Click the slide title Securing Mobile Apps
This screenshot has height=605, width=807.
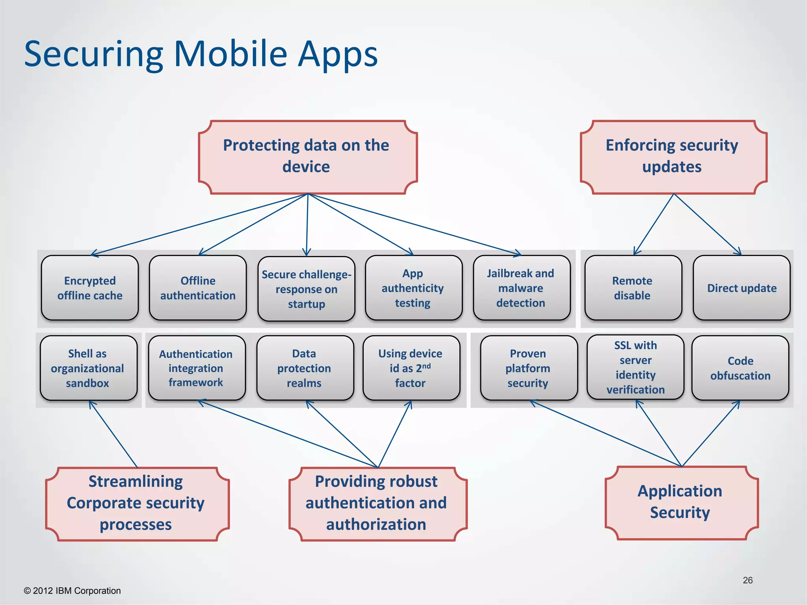[x=201, y=54]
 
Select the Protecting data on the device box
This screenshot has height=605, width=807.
[x=307, y=157]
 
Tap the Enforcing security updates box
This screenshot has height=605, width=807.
[x=673, y=157]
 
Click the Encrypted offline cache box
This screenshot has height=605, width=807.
[x=90, y=288]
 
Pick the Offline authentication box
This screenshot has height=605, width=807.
[x=198, y=288]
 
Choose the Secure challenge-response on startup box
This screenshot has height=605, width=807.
[x=307, y=289]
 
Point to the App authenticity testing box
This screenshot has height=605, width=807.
[x=413, y=288]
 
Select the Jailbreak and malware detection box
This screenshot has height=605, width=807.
[x=521, y=288]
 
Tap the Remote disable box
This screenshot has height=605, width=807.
[x=633, y=288]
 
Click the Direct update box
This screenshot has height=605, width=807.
[x=741, y=288]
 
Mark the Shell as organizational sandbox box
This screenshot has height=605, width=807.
[x=88, y=368]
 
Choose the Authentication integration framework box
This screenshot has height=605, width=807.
[x=196, y=368]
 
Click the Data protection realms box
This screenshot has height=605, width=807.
[x=305, y=368]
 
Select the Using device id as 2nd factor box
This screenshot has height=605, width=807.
[x=411, y=368]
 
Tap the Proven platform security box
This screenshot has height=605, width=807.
[x=528, y=368]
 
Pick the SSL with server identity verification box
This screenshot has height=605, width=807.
[x=635, y=367]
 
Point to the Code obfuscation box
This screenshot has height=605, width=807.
[x=740, y=368]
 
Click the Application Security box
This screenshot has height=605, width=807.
[x=681, y=502]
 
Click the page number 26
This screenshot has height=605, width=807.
[x=747, y=580]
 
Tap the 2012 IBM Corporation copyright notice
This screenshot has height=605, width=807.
[x=73, y=591]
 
